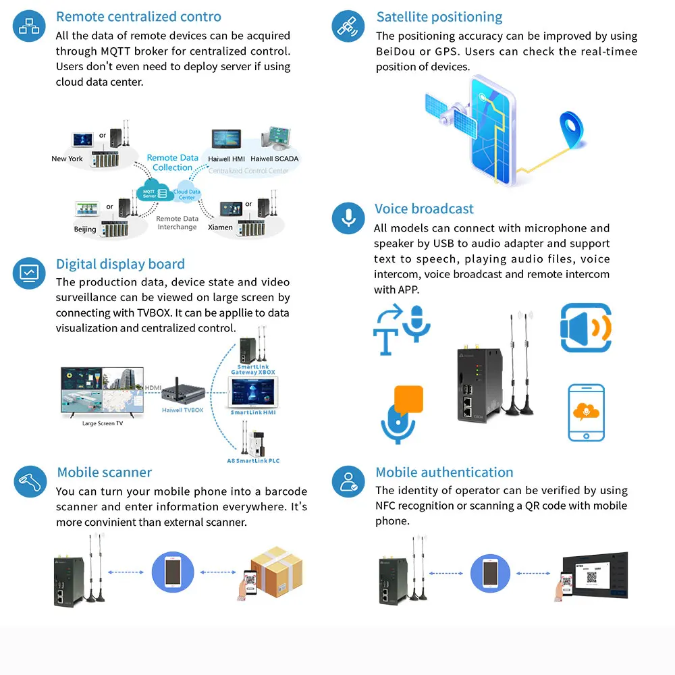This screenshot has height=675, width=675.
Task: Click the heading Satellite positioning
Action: [x=439, y=17]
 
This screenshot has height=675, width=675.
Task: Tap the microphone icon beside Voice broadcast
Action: [x=349, y=218]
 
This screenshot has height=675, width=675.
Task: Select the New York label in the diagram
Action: [x=67, y=159]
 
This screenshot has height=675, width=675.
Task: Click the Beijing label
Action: [x=85, y=230]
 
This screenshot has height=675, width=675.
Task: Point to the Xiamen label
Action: [x=220, y=227]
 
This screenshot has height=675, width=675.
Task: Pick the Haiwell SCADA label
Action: [x=274, y=159]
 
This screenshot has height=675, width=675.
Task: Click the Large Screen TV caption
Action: [x=103, y=423]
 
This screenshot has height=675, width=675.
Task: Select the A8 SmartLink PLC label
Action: [x=253, y=460]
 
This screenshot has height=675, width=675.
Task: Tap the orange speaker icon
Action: [x=585, y=328]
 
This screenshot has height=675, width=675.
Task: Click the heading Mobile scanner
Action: [x=105, y=473]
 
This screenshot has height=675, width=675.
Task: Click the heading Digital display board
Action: [x=120, y=264]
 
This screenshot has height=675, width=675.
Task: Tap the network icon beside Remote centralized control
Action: [x=30, y=26]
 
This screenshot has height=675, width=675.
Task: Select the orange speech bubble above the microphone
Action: [x=408, y=400]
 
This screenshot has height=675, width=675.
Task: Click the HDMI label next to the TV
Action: [x=153, y=387]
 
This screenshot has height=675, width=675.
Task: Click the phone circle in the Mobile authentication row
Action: [x=491, y=572]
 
